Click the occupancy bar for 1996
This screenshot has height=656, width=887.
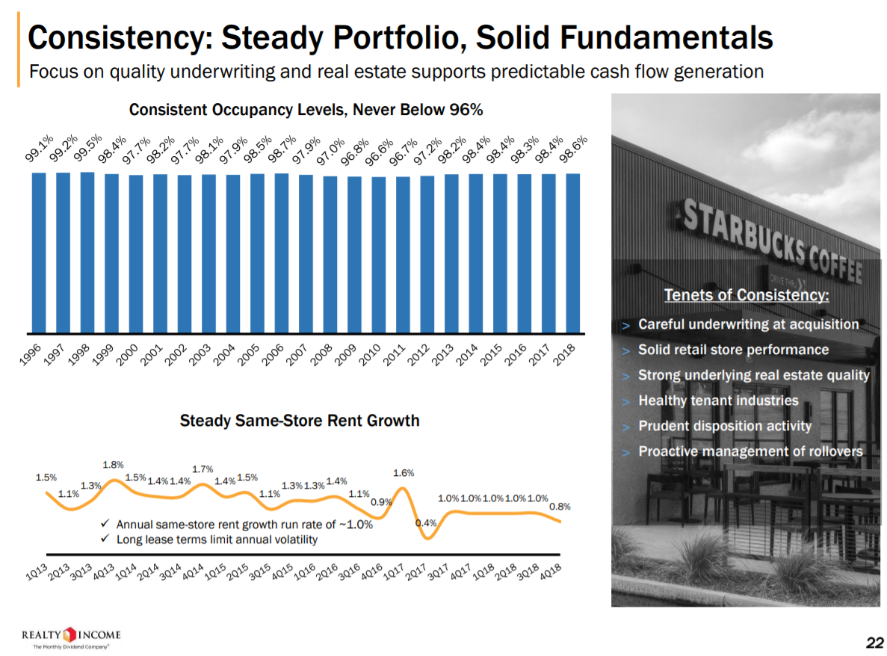[39, 252]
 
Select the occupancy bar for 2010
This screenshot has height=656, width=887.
[379, 254]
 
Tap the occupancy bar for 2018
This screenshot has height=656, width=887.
[573, 253]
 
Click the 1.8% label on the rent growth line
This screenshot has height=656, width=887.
[113, 465]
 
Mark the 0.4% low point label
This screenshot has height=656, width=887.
[425, 523]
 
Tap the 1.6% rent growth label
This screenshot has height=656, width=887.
[404, 473]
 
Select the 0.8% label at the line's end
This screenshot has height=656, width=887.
[560, 506]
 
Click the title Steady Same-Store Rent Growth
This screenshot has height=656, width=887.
[300, 421]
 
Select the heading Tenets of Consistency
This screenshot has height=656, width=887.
[747, 295]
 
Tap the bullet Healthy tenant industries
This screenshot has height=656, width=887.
[718, 400]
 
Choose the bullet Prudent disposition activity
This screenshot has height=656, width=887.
[724, 426]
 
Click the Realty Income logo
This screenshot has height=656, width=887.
[72, 637]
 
